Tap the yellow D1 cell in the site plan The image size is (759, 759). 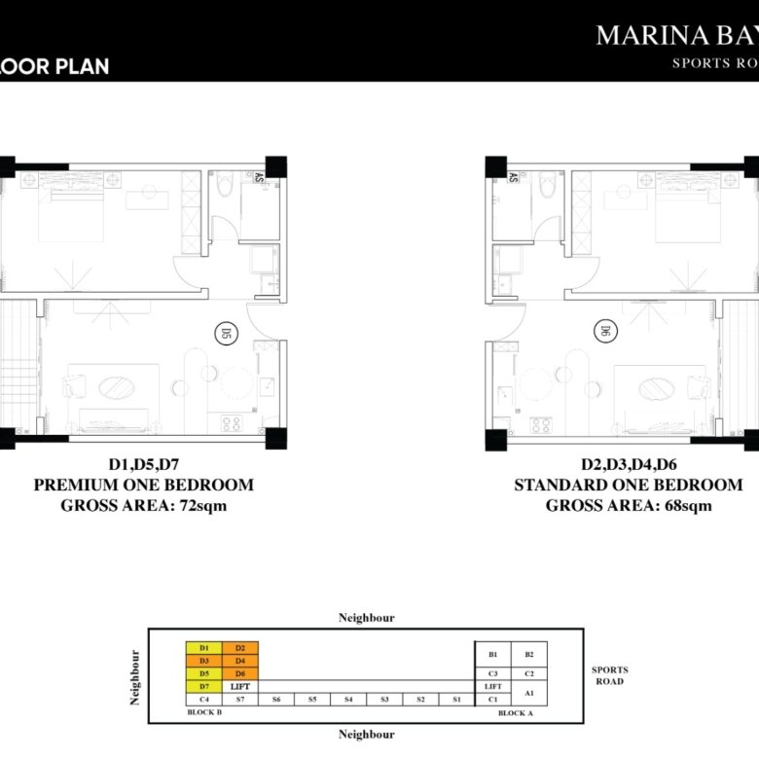[204, 648]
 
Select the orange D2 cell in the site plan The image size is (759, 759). [239, 648]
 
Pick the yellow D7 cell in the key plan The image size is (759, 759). [204, 686]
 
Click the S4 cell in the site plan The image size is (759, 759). [347, 699]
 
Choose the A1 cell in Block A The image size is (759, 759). [529, 692]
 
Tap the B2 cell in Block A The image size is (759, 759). [529, 655]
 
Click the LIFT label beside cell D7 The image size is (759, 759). [240, 686]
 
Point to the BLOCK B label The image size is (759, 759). [205, 713]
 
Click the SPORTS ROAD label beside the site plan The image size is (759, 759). [610, 675]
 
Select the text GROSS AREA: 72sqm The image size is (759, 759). [144, 505]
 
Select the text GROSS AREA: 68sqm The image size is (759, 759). [628, 505]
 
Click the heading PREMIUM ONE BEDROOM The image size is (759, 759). [144, 485]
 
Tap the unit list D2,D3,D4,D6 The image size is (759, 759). [628, 464]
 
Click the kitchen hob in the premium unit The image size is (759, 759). [232, 423]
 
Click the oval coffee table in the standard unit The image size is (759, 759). [657, 389]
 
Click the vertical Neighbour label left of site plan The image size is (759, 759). [135, 676]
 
